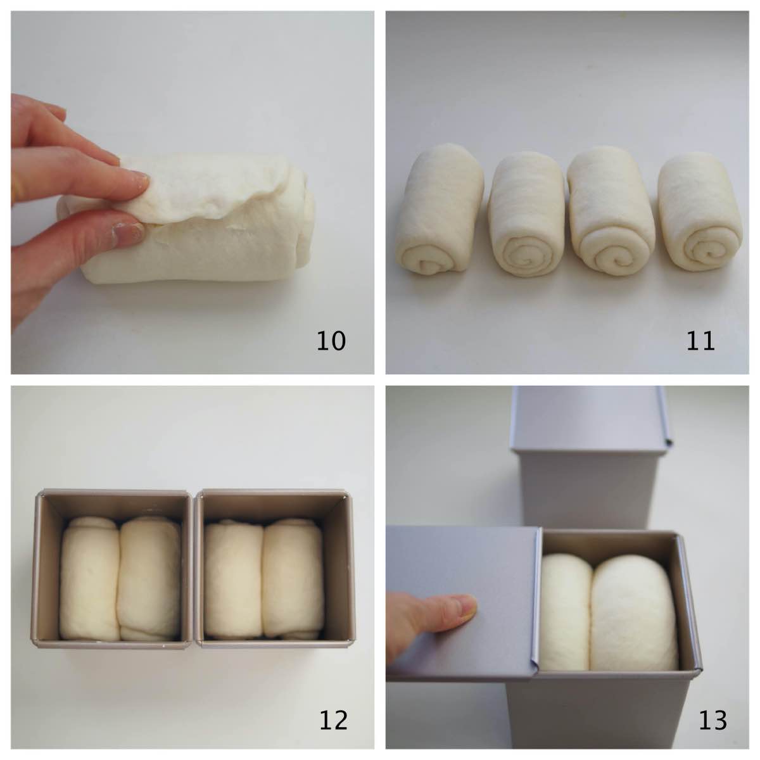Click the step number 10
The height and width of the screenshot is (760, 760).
[331, 341]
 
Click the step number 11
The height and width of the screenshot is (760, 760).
[700, 341]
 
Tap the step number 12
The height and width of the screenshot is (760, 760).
[332, 719]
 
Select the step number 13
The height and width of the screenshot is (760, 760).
[712, 719]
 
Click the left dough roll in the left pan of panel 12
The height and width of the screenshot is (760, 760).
[89, 576]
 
